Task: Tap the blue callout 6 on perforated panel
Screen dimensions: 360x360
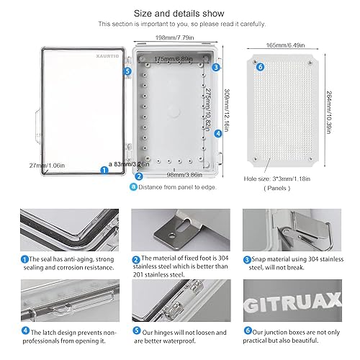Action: (x=260, y=68)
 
